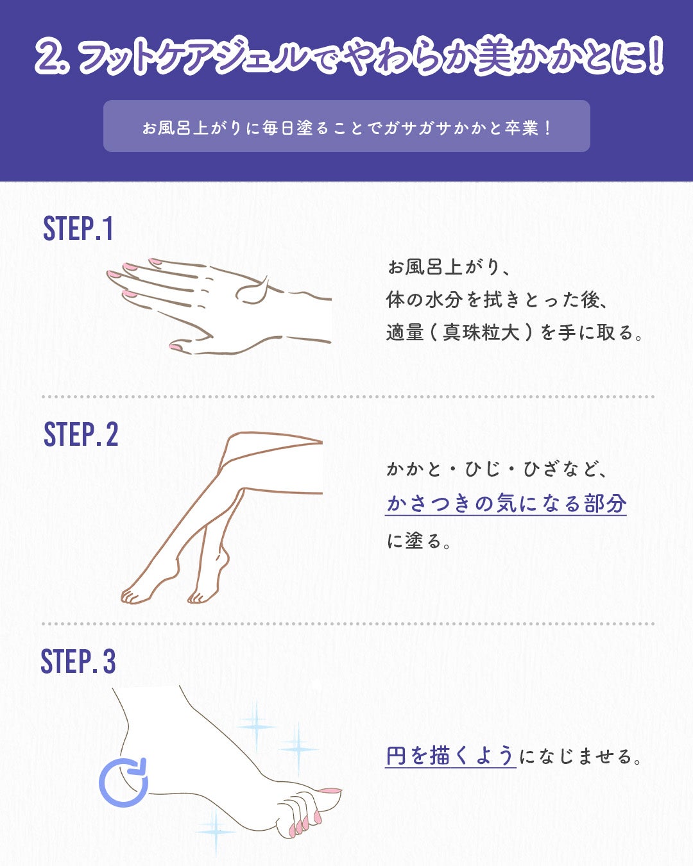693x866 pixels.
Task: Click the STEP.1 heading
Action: [x=78, y=229]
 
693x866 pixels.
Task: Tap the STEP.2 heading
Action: [x=81, y=435]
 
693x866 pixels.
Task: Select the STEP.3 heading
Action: [x=78, y=662]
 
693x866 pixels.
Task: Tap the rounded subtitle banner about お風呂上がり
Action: [x=346, y=126]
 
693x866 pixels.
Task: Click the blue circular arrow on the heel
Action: [x=124, y=783]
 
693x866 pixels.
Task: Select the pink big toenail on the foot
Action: [x=330, y=792]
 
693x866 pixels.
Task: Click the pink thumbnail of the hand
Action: [x=175, y=347]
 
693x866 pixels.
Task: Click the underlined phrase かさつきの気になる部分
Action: [x=506, y=504]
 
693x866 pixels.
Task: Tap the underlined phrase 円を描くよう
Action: [x=450, y=756]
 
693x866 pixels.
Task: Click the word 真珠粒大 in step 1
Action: [x=481, y=332]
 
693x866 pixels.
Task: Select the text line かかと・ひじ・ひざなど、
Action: [x=497, y=469]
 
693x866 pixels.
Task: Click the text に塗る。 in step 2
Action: [x=419, y=541]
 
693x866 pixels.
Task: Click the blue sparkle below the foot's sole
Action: [x=216, y=831]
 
